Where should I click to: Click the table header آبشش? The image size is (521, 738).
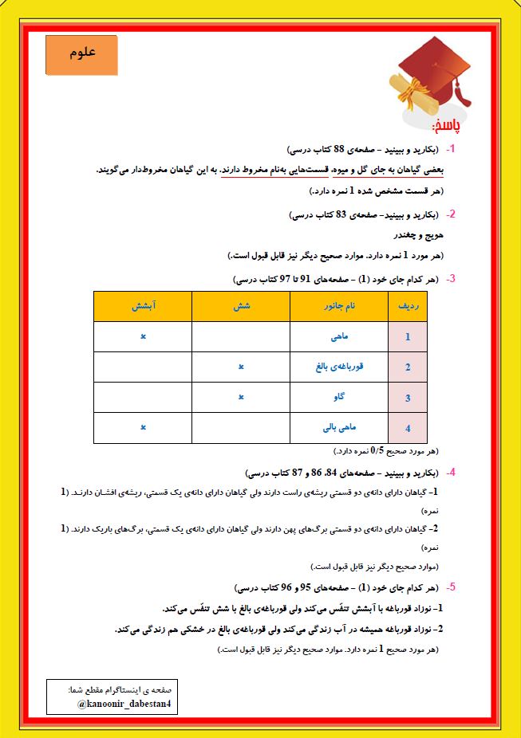point(143,306)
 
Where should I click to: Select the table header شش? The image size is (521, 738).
point(240,306)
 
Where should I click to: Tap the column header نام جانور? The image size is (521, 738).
point(338,306)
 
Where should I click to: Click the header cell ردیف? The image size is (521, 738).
point(408,306)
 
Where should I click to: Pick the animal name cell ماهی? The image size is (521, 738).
point(339,337)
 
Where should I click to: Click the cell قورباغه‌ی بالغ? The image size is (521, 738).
point(339,367)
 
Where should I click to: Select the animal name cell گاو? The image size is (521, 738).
point(339,397)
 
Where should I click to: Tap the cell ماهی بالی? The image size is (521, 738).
point(339,427)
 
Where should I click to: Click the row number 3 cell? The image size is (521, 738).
point(408,398)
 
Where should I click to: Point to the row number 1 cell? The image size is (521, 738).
point(408,337)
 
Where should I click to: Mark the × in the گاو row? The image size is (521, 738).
point(240,396)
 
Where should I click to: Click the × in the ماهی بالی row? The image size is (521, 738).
point(143,426)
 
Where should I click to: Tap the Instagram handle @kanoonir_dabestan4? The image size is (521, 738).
point(124,705)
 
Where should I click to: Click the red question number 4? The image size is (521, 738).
point(452,473)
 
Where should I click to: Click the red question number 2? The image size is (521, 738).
point(452,214)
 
